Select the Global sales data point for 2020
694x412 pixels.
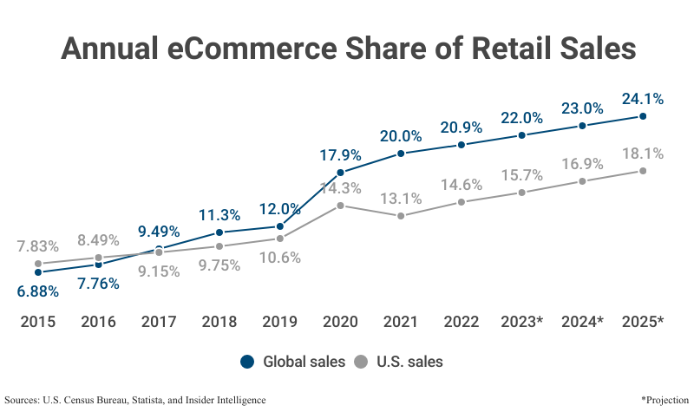340,173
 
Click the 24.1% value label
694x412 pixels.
642,98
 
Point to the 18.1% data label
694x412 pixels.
642,154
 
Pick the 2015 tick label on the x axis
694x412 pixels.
38,322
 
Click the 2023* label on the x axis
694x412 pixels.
521,322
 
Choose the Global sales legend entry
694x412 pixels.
292,362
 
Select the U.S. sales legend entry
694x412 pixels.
400,362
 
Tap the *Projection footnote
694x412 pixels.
664,400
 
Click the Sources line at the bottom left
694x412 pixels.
135,400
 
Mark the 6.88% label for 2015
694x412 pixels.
38,291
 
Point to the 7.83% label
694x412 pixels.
38,245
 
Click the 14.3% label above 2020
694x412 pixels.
340,188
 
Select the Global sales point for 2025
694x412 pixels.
642,115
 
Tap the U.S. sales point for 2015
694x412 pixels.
38,263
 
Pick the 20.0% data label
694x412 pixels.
401,136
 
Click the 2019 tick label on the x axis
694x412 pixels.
279,322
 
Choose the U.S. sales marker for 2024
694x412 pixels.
582,181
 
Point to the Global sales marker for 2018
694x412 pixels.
219,232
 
